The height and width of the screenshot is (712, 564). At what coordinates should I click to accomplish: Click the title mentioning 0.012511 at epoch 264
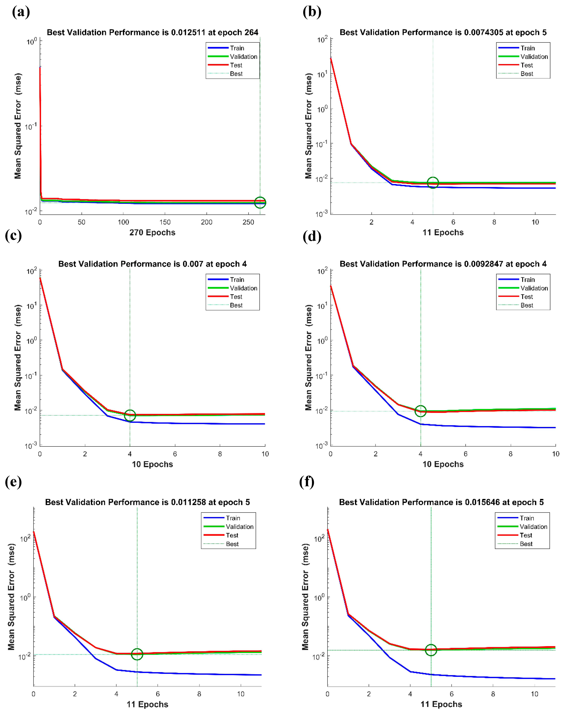point(153,32)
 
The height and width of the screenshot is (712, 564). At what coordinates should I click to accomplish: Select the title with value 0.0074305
point(443,32)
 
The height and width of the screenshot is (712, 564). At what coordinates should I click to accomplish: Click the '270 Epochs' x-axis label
point(152,232)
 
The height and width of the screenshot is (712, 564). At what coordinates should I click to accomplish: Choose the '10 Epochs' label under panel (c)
point(152,464)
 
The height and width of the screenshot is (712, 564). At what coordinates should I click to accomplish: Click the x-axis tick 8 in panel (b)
point(494,222)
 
